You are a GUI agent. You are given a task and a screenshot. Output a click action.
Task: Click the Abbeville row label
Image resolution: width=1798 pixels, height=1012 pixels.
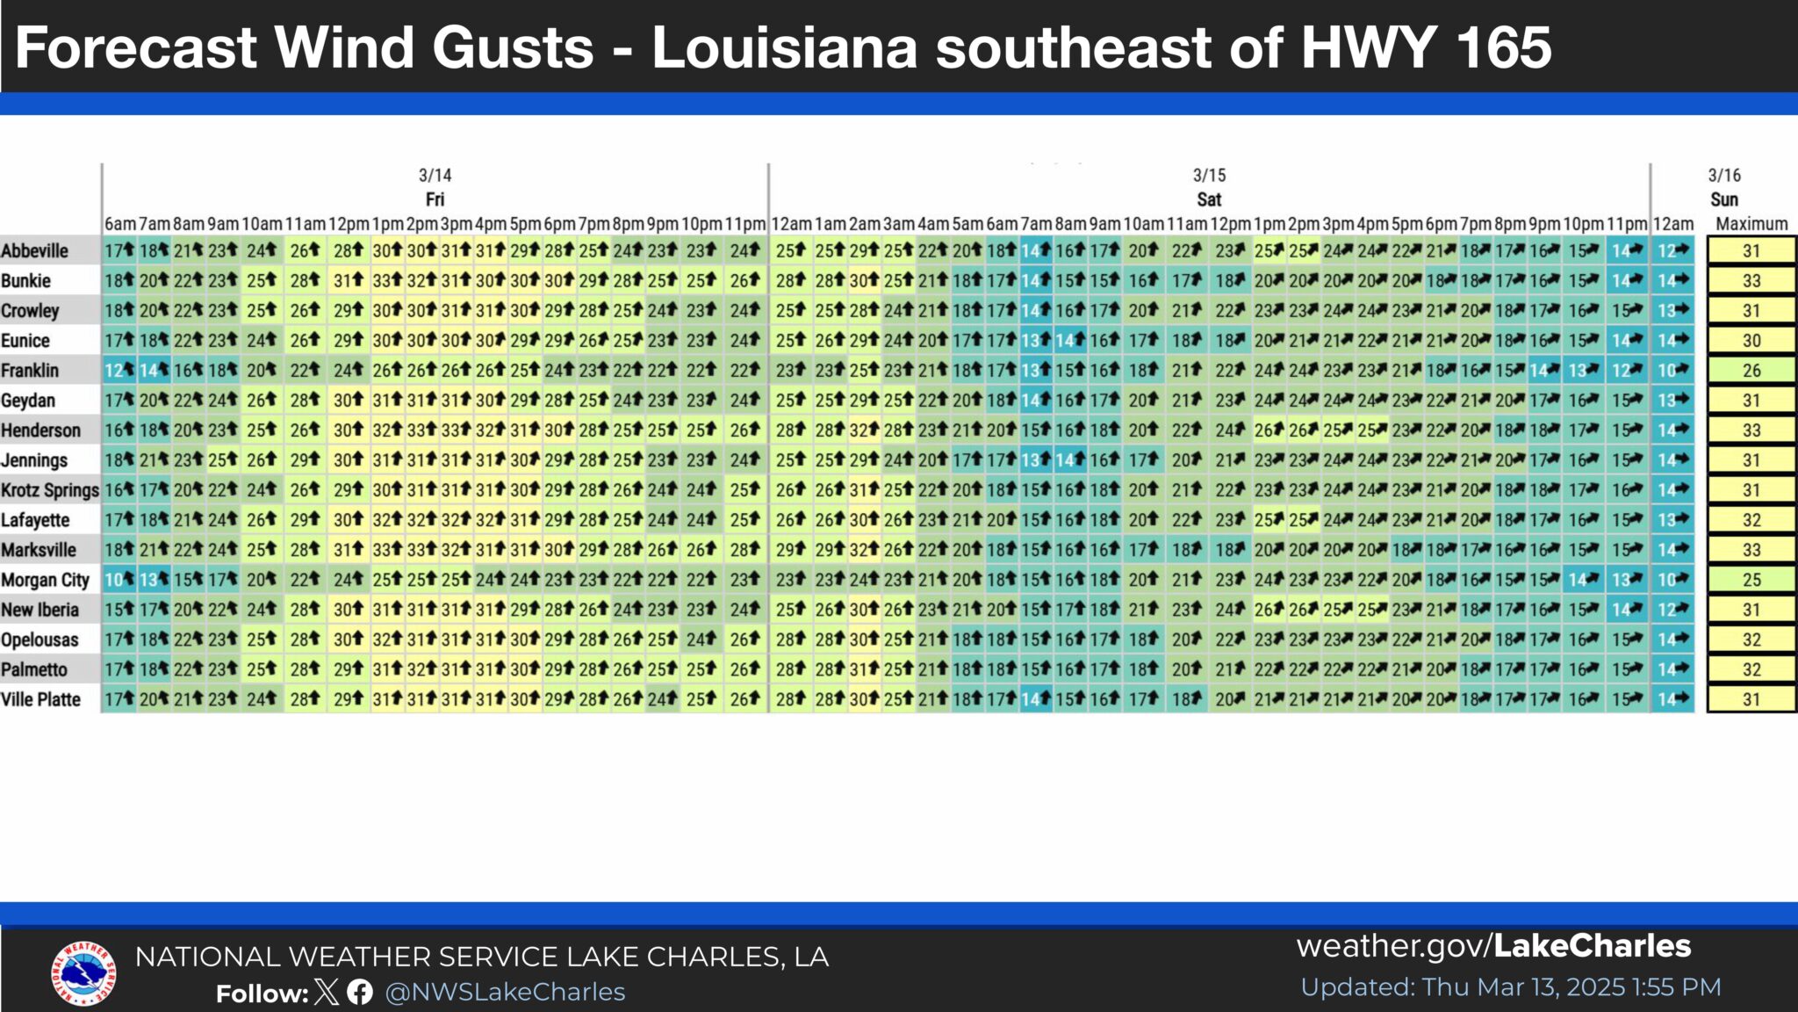pos(34,250)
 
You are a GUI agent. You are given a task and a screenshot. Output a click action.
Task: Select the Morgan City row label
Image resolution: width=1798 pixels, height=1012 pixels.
pos(45,580)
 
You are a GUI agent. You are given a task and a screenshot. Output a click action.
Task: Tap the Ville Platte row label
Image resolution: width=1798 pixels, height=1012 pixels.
pos(40,699)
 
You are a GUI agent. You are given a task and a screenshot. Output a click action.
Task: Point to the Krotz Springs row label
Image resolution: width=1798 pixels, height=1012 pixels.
pos(49,490)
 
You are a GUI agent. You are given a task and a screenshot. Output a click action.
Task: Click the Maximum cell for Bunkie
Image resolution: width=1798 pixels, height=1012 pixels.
pos(1751,281)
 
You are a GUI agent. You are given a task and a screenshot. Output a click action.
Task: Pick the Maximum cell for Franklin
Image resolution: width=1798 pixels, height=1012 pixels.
pos(1751,371)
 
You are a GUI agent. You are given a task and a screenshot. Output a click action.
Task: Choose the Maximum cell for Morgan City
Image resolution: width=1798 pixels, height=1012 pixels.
pos(1751,580)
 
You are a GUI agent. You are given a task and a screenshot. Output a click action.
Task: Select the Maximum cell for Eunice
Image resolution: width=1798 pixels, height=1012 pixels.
pos(1751,341)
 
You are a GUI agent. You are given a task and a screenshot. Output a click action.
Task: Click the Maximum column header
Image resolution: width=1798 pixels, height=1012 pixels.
pos(1751,224)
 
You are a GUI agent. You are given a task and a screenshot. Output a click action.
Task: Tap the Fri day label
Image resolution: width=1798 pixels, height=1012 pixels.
pos(435,199)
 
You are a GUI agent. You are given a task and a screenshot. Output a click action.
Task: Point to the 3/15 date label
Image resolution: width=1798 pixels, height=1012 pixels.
pos(1209,176)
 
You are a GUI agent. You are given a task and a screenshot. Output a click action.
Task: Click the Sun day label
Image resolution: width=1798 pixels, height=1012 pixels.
pos(1724,199)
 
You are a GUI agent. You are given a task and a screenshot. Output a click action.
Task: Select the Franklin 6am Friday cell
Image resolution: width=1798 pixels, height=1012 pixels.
pos(119,371)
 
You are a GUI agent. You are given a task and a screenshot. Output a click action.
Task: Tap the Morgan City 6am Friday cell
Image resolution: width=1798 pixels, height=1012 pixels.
pos(119,580)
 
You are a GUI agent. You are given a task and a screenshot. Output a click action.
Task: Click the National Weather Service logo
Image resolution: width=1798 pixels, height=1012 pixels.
pos(83,973)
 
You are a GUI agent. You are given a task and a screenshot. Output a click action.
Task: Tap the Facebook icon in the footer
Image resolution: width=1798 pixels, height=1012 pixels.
pos(359,993)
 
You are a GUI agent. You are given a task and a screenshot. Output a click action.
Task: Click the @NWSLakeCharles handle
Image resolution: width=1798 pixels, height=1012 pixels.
pos(505,992)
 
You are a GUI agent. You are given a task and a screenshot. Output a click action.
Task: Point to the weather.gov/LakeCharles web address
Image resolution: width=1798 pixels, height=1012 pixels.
pos(1493,946)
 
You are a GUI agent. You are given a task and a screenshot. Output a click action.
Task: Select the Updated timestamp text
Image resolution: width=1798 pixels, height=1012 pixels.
pos(1510,987)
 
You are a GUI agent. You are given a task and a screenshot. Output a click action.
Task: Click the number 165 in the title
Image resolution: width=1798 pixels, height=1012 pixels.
pos(1503,47)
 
